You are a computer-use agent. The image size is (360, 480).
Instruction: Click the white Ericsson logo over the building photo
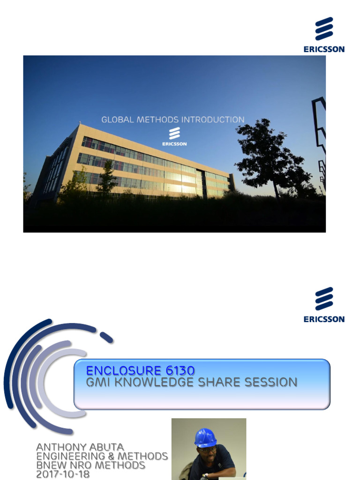[174, 136]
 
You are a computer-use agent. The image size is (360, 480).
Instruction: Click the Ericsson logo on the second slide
[324, 304]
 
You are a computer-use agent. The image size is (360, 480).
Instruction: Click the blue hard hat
[205, 437]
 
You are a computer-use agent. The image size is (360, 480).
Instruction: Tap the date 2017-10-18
[63, 474]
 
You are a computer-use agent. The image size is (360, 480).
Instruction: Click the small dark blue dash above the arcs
[106, 337]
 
